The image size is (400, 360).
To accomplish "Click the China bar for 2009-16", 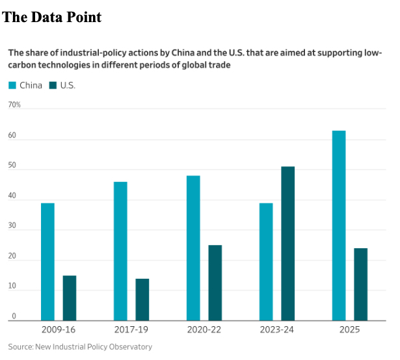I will pyautogui.click(x=47, y=261).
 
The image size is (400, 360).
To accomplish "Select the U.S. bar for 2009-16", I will pyautogui.click(x=70, y=298).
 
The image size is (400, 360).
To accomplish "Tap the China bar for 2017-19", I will pyautogui.click(x=120, y=251).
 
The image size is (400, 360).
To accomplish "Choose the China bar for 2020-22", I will pyautogui.click(x=193, y=248).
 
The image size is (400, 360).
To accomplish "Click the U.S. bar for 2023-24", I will pyautogui.click(x=288, y=243).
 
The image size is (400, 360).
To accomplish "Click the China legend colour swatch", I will pyautogui.click(x=12, y=85).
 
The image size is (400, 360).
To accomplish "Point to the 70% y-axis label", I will pyautogui.click(x=14, y=105).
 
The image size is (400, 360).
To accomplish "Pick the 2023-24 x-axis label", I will pyautogui.click(x=276, y=329).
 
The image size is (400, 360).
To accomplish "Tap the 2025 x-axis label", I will pyautogui.click(x=349, y=329).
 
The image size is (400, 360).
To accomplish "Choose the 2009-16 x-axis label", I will pyautogui.click(x=58, y=329).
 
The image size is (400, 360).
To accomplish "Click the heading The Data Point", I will pyautogui.click(x=53, y=18).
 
